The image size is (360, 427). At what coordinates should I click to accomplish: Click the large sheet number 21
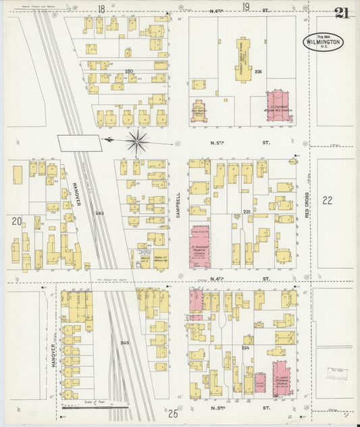click(x=340, y=13)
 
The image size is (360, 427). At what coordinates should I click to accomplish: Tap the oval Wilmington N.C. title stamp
click(x=323, y=42)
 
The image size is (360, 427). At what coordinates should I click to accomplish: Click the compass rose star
click(x=137, y=141)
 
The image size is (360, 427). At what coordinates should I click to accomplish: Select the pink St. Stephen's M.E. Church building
click(x=279, y=107)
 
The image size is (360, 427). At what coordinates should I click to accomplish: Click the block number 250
click(x=129, y=71)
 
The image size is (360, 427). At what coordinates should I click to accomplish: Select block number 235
click(x=247, y=212)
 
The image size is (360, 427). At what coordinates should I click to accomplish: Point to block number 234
click(x=245, y=348)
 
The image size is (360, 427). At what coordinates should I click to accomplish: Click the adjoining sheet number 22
click(x=328, y=200)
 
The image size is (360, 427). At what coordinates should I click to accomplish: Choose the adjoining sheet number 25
click(x=173, y=413)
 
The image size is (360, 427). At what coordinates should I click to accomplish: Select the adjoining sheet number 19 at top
click(x=246, y=7)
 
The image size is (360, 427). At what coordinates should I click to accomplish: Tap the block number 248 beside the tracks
click(x=124, y=343)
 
